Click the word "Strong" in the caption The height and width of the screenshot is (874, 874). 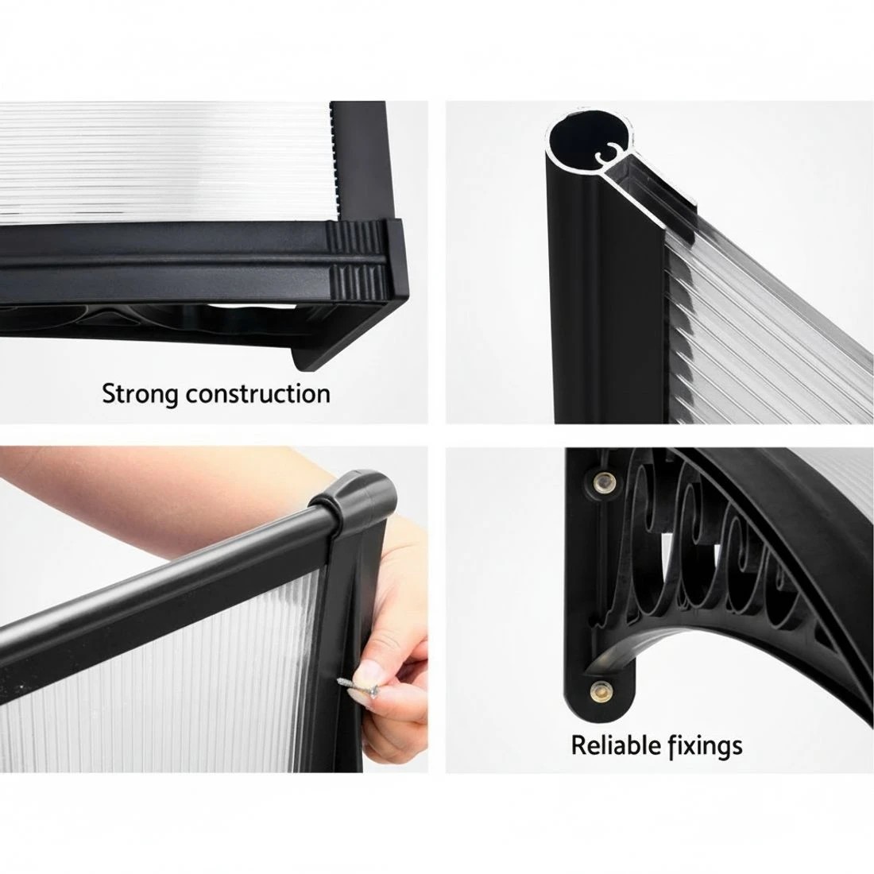pyautogui.click(x=141, y=394)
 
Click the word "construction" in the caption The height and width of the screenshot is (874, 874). pyautogui.click(x=258, y=394)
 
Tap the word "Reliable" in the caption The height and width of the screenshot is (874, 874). pyautogui.click(x=609, y=745)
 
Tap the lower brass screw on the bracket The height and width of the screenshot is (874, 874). pyautogui.click(x=600, y=689)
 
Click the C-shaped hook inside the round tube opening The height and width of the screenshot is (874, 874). pyautogui.click(x=608, y=152)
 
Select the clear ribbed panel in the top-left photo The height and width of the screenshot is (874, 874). pyautogui.click(x=167, y=161)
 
